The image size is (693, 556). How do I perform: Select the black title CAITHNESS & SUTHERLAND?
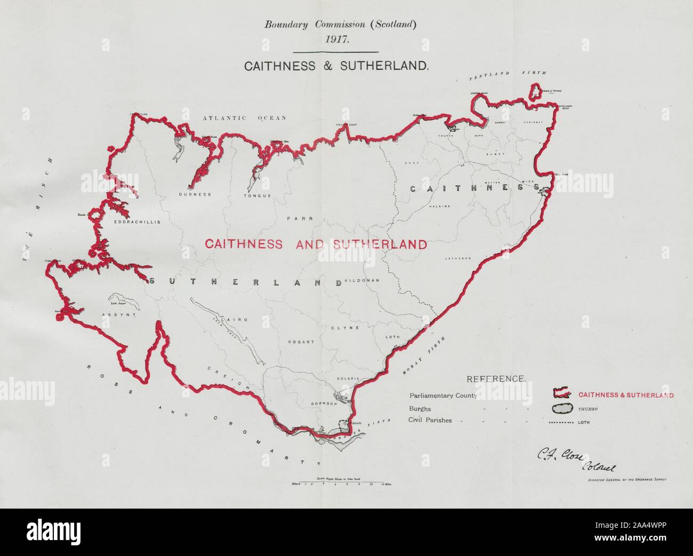[x=336, y=67]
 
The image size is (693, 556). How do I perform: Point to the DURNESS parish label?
[x=195, y=194]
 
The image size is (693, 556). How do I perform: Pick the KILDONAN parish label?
[x=362, y=280]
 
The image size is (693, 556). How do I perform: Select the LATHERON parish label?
[x=458, y=258]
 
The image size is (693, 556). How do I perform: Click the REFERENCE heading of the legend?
[x=496, y=379]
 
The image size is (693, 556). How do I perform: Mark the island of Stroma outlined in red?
[x=533, y=91]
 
